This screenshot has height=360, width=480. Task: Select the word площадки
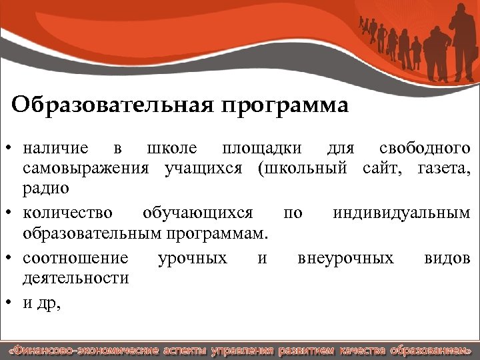point(261,148)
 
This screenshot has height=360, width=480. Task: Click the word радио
point(46,189)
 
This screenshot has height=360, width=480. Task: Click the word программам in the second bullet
point(225,234)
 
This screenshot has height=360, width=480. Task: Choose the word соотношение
point(75,258)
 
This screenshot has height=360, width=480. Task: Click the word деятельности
point(76,278)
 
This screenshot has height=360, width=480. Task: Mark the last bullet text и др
point(41,303)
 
